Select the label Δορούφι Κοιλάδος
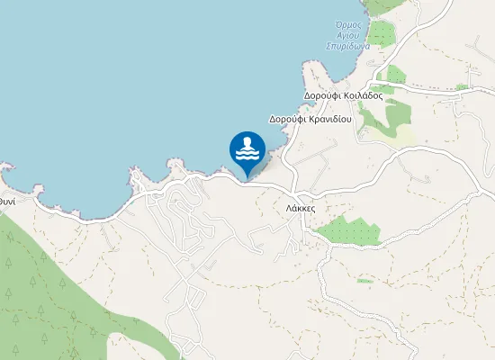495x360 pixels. (344, 94)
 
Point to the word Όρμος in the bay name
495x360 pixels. (347, 24)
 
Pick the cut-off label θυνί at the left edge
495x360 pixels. (6, 202)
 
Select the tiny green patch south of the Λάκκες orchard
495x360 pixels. (364, 281)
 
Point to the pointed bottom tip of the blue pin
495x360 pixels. (247, 176)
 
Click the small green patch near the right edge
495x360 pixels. (462, 87)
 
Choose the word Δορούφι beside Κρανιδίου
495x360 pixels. (286, 119)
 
